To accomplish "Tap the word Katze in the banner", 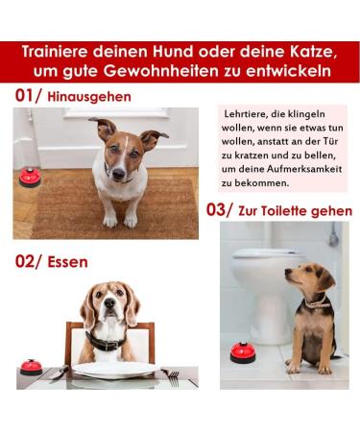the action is click(312, 52).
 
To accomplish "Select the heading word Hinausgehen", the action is click(89, 97).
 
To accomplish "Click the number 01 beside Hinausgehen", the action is click(24, 96).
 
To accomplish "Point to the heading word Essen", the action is click(67, 262).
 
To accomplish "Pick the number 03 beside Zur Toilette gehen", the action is click(216, 210).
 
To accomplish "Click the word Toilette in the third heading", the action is click(284, 211).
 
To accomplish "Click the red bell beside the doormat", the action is click(30, 178).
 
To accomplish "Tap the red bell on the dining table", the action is click(31, 368).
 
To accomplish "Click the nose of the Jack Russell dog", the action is click(118, 174).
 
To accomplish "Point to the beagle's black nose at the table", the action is click(109, 302).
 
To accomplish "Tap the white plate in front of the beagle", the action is click(115, 370).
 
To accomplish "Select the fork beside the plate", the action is click(171, 377).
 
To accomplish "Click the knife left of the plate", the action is click(60, 372).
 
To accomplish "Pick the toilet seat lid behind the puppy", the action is click(269, 254).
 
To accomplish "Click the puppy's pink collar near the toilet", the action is click(317, 302).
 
